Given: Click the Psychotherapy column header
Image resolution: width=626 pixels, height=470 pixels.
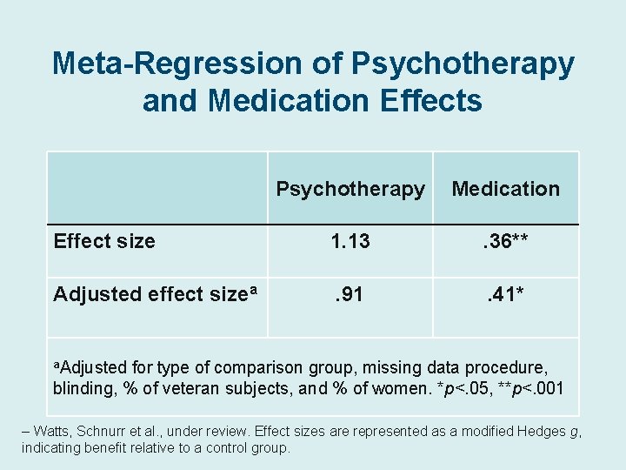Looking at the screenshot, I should (350, 189).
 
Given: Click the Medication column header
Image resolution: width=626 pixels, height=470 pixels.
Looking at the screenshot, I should (506, 189).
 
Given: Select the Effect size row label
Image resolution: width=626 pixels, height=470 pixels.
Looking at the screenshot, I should (104, 241).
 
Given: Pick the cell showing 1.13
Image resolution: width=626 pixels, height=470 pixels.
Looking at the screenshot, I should (350, 241).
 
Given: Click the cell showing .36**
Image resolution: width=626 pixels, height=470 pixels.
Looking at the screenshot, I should (506, 241).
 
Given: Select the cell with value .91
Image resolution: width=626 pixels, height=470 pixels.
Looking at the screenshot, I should (350, 294).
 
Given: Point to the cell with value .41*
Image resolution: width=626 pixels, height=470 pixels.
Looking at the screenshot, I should (506, 294).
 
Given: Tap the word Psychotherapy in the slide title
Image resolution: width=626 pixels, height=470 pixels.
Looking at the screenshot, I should (463, 64).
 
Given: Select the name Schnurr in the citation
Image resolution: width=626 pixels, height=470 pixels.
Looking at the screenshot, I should (113, 431).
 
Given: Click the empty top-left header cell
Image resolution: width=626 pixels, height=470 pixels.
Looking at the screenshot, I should (156, 188).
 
